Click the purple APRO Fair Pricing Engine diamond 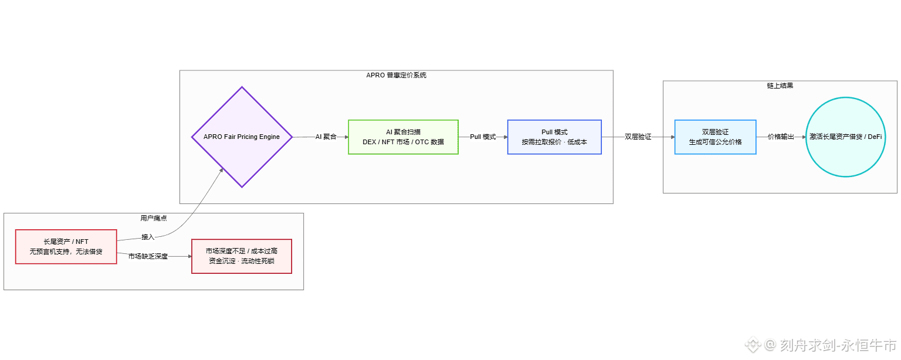point(242,137)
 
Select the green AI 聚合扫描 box point(403,137)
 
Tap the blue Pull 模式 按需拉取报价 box point(554,137)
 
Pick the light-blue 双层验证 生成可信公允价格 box point(715,137)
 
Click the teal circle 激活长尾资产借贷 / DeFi point(845,137)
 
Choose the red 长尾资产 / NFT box point(66,247)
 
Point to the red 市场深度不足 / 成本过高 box point(241,256)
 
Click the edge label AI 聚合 point(326,137)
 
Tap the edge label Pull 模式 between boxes point(483,137)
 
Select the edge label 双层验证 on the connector point(638,137)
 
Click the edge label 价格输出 point(781,137)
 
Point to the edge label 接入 point(148,237)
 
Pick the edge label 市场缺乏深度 point(148,256)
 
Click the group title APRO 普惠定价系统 point(396,76)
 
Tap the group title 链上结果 point(780,86)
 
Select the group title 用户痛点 point(153,218)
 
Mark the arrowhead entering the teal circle point(802,137)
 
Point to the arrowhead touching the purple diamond point(221,170)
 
